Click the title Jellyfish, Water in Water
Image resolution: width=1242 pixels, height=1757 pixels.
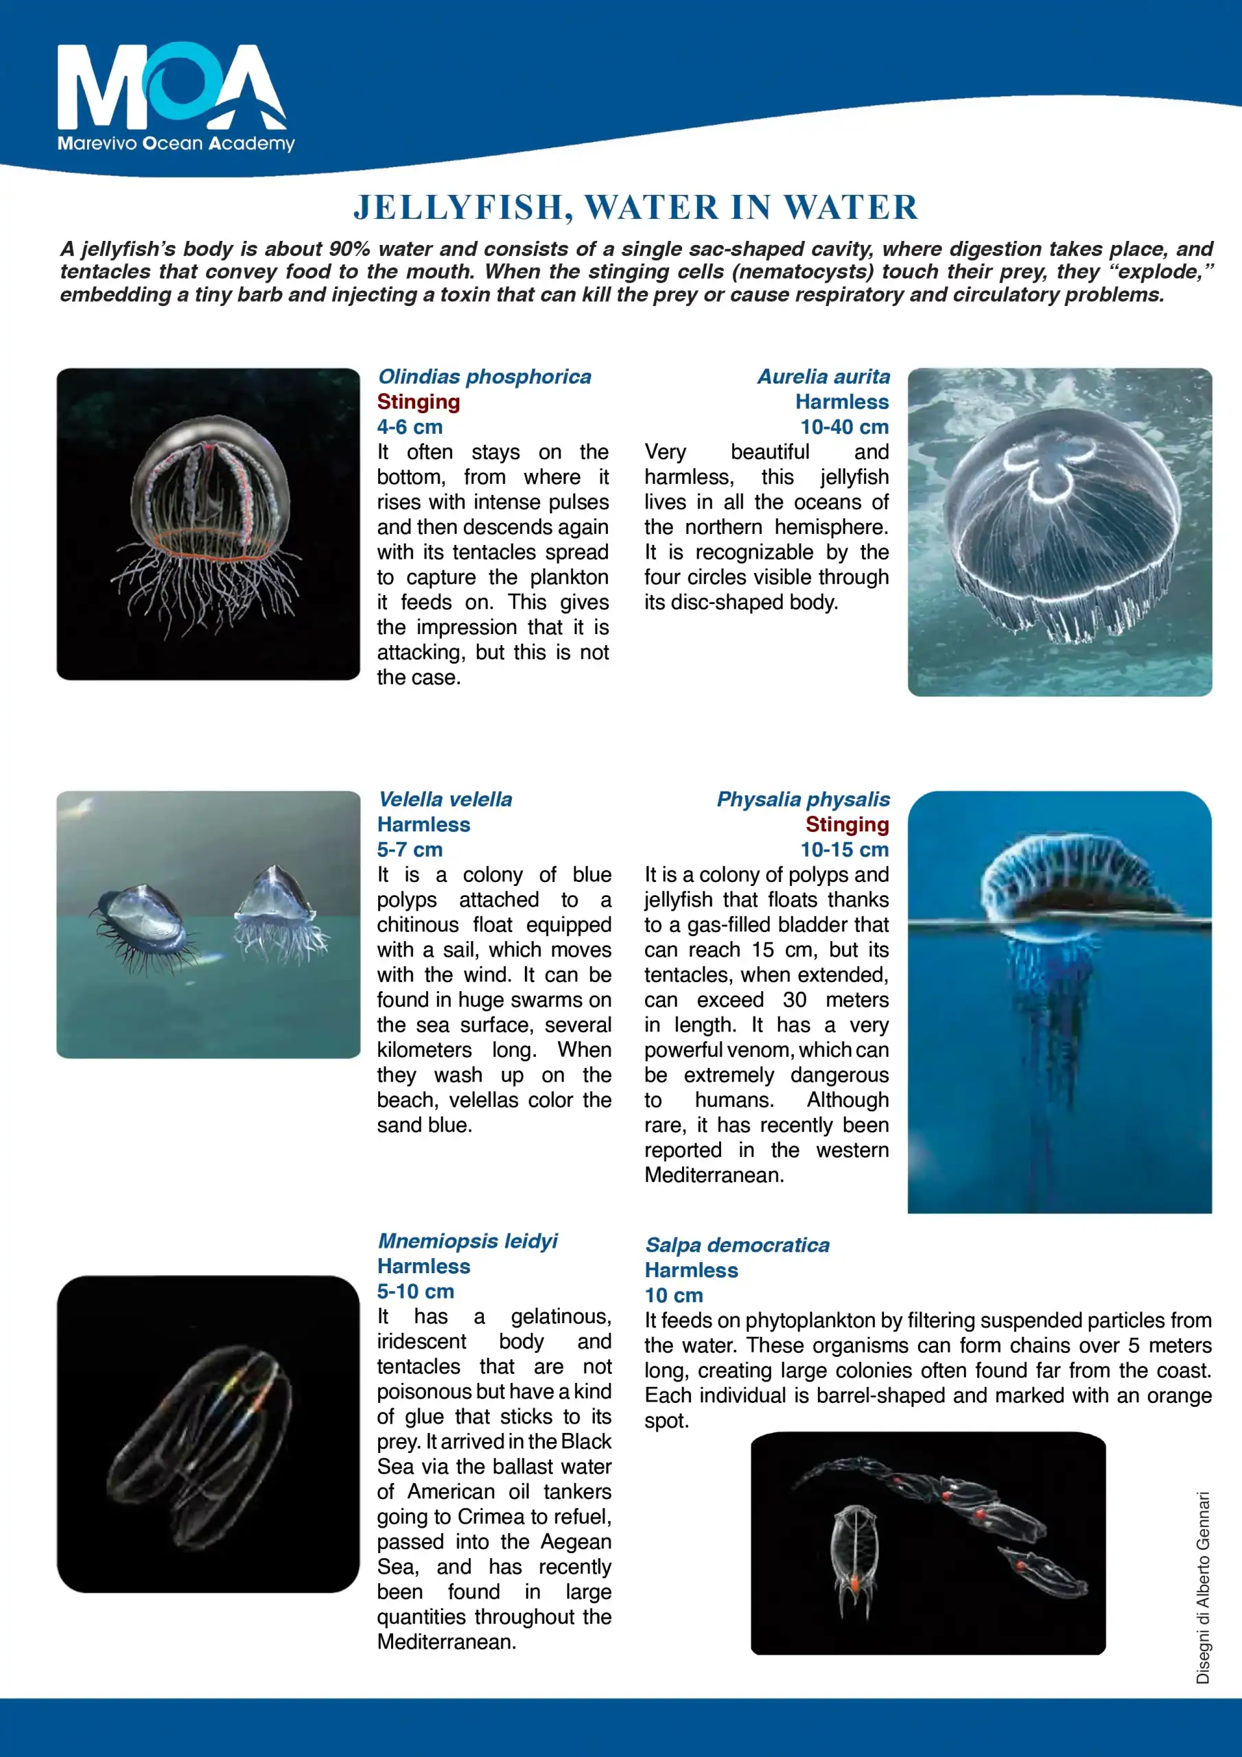coord(635,207)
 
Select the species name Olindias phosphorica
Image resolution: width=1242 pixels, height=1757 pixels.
coord(484,377)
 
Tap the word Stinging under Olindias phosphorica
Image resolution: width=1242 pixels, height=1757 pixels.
coord(418,402)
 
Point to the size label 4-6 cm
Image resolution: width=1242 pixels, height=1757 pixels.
coord(410,427)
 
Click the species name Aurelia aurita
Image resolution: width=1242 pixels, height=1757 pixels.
coord(823,377)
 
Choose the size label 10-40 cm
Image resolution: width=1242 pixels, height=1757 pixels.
coord(844,427)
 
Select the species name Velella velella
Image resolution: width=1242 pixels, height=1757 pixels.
coord(445,799)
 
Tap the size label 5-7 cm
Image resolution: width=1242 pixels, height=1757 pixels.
coord(410,850)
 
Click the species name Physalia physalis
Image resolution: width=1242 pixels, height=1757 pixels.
coord(803,799)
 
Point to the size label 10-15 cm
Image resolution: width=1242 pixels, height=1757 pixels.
coord(844,850)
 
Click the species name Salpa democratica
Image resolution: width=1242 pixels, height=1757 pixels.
coord(737,1245)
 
